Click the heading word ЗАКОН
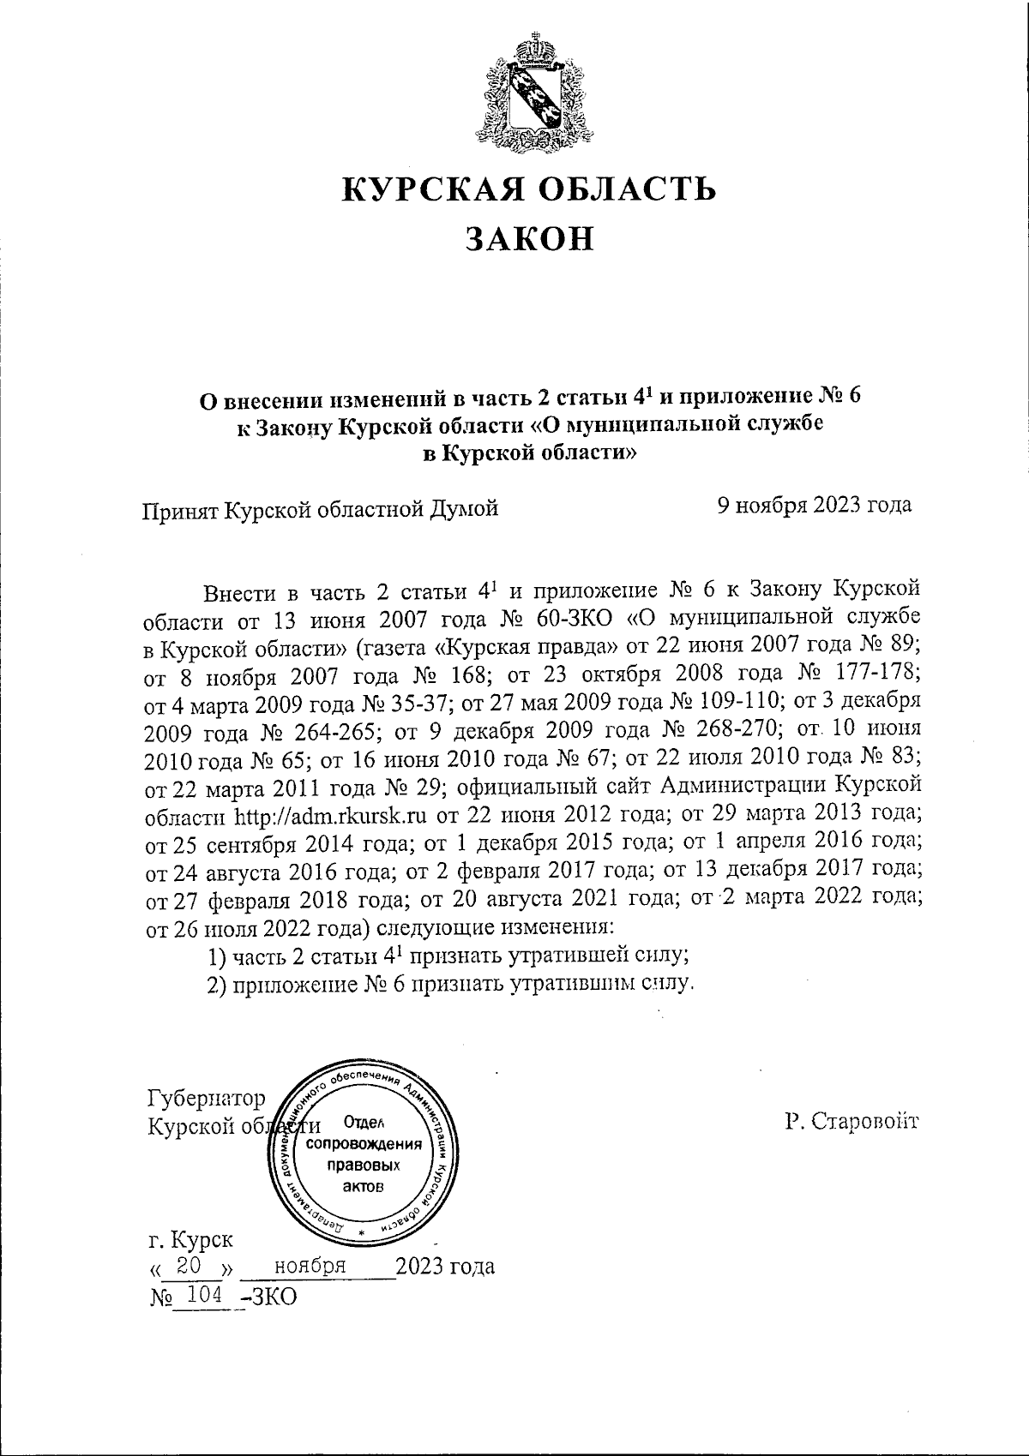click(529, 239)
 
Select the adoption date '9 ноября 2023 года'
click(814, 505)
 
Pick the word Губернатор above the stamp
click(207, 1099)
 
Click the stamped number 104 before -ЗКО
click(202, 1295)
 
